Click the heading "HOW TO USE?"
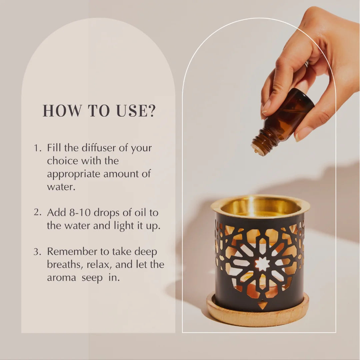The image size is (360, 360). [99, 111]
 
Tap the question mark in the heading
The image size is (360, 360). [151, 111]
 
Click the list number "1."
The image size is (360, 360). [38, 148]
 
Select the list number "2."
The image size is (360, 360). [38, 213]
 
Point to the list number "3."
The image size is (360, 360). [37, 252]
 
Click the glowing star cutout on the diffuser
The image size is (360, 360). [262, 264]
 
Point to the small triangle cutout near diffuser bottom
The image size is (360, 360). [263, 305]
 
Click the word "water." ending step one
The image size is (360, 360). [61, 187]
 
